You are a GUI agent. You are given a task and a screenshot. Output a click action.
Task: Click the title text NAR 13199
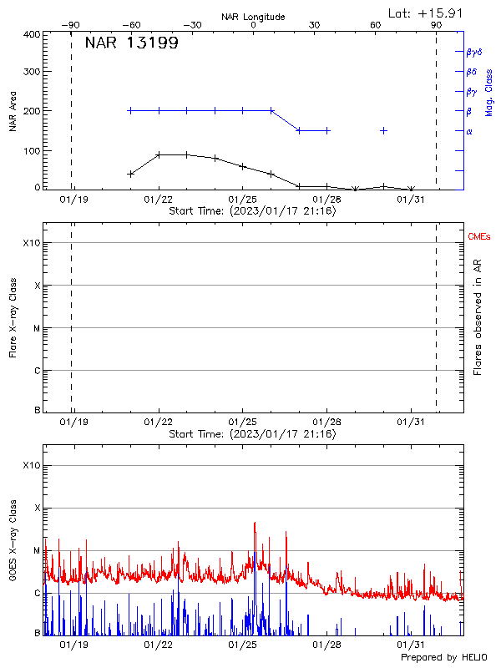[x=131, y=43]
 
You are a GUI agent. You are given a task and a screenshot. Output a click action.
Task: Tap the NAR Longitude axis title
[x=253, y=17]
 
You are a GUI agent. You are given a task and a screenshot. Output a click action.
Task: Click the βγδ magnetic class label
[x=474, y=52]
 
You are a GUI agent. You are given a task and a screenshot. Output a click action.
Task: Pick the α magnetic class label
[x=469, y=131]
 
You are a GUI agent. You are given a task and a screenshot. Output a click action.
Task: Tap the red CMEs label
[x=479, y=237]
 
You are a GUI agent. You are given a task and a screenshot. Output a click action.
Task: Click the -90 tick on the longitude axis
[x=72, y=25]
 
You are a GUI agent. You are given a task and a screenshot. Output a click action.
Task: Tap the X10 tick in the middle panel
[x=32, y=243]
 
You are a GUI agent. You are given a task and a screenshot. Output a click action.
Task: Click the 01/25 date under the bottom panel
[x=242, y=645]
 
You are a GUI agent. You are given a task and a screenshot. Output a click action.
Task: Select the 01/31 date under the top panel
[x=411, y=200]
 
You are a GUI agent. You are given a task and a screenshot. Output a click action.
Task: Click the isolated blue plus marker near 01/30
[x=383, y=130]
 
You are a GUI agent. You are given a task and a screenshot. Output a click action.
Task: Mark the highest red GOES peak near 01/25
[x=255, y=524]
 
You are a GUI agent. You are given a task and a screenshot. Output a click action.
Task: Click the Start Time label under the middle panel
[x=252, y=434]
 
